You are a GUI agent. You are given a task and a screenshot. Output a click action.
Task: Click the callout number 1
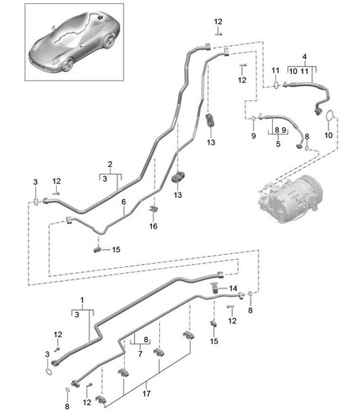pos(82,301)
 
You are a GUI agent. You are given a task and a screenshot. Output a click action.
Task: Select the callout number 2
pos(111,164)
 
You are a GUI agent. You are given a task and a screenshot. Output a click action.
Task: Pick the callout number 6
pos(123,211)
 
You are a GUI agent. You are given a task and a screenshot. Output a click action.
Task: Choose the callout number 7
pos(140,353)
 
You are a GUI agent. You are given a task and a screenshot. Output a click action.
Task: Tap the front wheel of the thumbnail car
pos(66,64)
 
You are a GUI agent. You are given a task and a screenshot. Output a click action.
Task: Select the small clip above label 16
pos(153,210)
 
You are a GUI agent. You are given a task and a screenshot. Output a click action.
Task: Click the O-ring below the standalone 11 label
pos(276,84)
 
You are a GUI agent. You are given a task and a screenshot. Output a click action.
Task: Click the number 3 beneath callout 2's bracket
pos(104,178)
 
